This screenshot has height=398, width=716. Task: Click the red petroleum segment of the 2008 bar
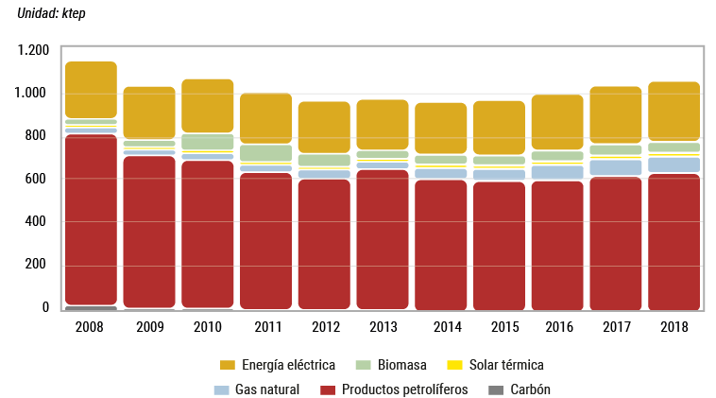pos(91,217)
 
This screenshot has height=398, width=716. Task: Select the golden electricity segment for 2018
pos(673,111)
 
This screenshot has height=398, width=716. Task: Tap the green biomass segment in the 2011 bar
pos(265,152)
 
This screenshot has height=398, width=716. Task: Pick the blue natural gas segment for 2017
pos(615,167)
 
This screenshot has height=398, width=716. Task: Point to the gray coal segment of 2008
pos(91,306)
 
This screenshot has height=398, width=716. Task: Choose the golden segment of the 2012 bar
pos(324,127)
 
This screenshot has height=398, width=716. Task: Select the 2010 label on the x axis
pos(207,327)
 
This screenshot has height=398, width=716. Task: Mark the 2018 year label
pos(673,327)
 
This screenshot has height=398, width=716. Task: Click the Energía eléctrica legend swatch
pos(227,365)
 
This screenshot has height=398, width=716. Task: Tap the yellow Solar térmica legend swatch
pos(454,365)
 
